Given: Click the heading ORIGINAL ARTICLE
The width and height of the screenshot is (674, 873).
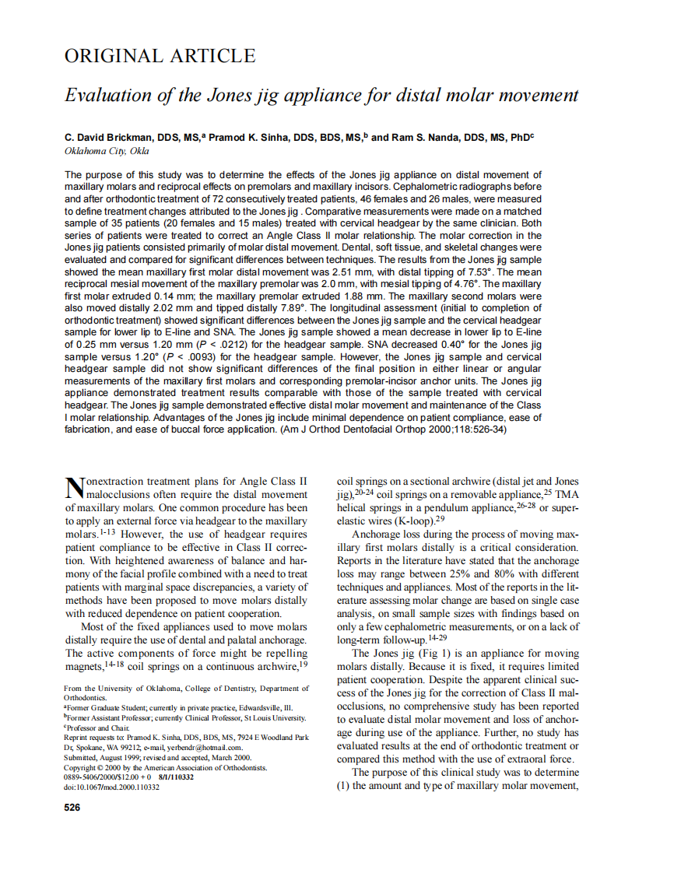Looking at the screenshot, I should [x=160, y=56].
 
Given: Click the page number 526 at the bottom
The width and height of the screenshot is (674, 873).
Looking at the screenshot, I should [x=72, y=808].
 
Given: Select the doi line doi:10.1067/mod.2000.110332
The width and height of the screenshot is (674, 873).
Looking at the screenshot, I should [x=111, y=787].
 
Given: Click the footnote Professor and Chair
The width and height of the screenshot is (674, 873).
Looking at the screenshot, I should [x=96, y=727].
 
